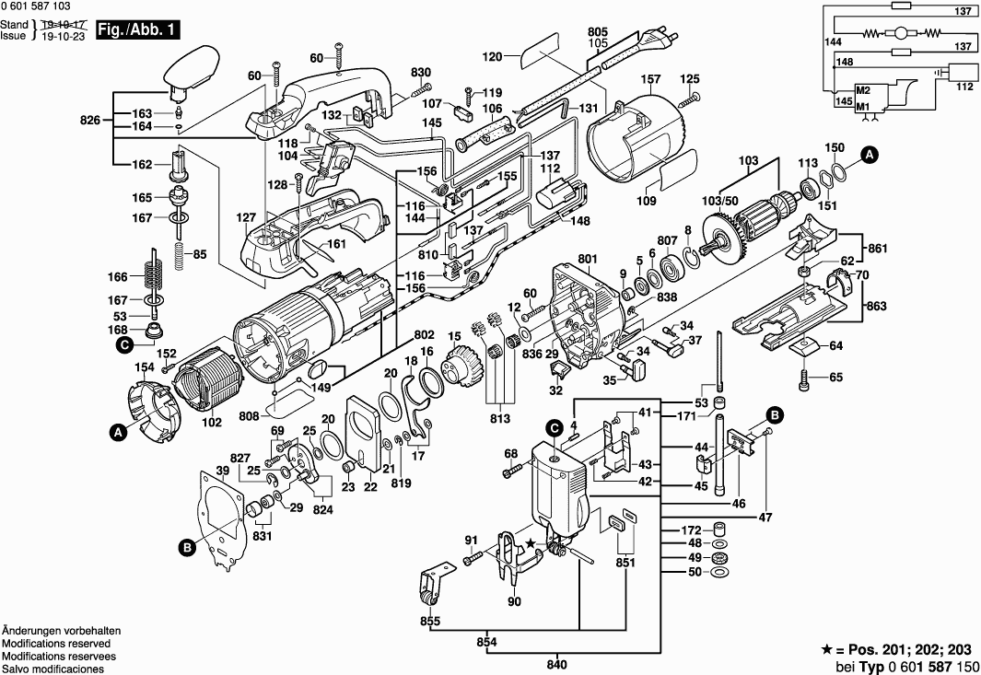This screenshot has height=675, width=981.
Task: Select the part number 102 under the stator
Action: (x=211, y=424)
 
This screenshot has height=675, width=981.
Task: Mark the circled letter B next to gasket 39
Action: (x=187, y=547)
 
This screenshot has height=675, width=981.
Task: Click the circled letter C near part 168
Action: (x=122, y=346)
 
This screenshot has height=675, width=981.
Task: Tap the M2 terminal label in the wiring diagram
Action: (x=862, y=91)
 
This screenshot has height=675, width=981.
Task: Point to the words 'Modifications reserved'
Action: (x=56, y=643)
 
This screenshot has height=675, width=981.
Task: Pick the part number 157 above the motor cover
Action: (x=651, y=79)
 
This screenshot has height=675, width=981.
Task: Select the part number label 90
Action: (x=513, y=602)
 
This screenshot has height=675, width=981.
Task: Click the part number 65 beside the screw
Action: (x=835, y=377)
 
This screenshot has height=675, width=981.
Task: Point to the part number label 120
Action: (x=494, y=56)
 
